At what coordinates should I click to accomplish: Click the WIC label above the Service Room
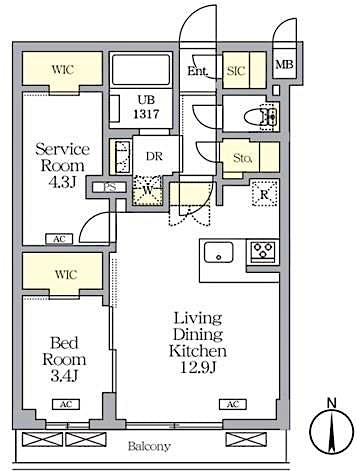[62, 69]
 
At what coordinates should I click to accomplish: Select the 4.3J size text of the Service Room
[63, 183]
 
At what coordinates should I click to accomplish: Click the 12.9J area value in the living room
[197, 368]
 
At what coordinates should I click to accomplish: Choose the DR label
[155, 156]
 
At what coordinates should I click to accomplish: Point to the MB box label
[284, 66]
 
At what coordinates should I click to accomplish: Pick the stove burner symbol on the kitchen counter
[264, 251]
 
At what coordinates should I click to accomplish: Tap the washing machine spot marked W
[147, 191]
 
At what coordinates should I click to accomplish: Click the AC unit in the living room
[232, 403]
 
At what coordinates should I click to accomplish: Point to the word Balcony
[148, 445]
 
